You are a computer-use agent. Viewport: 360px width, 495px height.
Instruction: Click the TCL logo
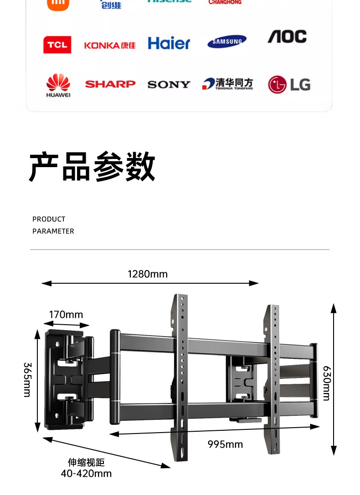(x=57, y=45)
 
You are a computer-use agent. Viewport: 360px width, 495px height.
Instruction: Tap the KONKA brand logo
(x=110, y=45)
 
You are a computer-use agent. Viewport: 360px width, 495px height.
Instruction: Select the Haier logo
(x=169, y=43)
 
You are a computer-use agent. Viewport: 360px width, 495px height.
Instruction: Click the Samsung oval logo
(x=227, y=42)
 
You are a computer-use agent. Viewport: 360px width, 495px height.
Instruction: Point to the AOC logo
(x=287, y=37)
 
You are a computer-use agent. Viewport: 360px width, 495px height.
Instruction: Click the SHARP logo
(x=110, y=84)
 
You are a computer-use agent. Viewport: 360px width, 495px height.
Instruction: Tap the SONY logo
(x=169, y=85)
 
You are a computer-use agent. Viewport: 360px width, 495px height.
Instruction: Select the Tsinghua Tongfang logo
(x=228, y=84)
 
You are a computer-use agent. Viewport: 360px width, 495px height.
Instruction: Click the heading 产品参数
(x=93, y=167)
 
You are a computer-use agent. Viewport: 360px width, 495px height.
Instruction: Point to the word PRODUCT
(x=49, y=219)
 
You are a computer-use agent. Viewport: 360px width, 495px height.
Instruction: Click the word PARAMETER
(x=53, y=231)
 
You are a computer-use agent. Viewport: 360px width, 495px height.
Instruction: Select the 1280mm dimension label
(x=148, y=274)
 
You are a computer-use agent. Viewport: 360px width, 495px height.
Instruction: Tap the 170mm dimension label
(x=66, y=315)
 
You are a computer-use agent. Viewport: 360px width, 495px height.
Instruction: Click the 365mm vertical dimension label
(x=27, y=379)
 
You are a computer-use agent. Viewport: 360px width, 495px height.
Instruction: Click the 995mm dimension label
(x=225, y=444)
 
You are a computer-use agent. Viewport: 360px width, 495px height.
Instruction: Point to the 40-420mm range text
(x=86, y=474)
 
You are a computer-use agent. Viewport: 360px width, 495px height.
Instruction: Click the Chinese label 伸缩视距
(x=86, y=463)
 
